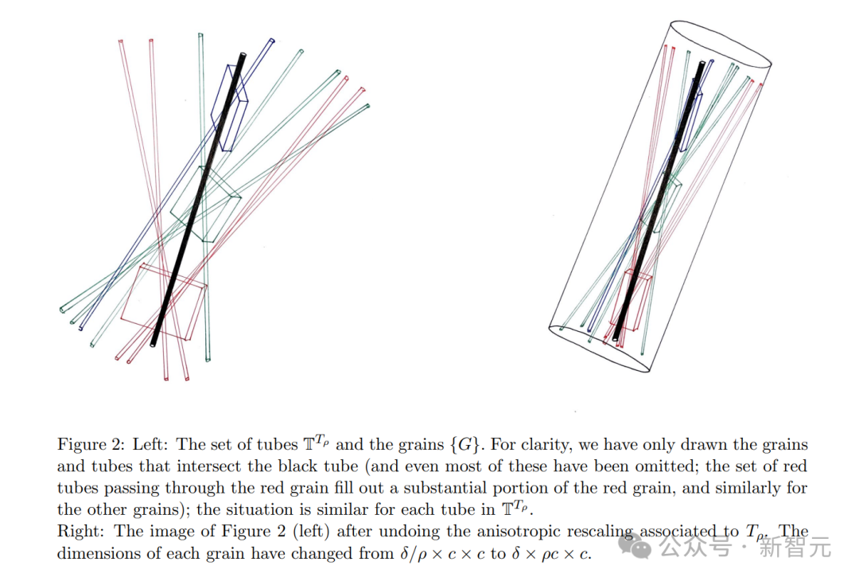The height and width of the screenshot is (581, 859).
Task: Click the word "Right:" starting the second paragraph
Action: [x=78, y=532]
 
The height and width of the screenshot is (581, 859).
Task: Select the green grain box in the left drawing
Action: [x=205, y=205]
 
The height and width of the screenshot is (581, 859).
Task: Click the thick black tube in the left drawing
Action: [x=197, y=199]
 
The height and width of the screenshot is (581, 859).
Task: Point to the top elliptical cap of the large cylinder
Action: [x=721, y=44]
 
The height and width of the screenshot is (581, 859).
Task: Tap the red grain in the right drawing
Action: [x=633, y=298]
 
